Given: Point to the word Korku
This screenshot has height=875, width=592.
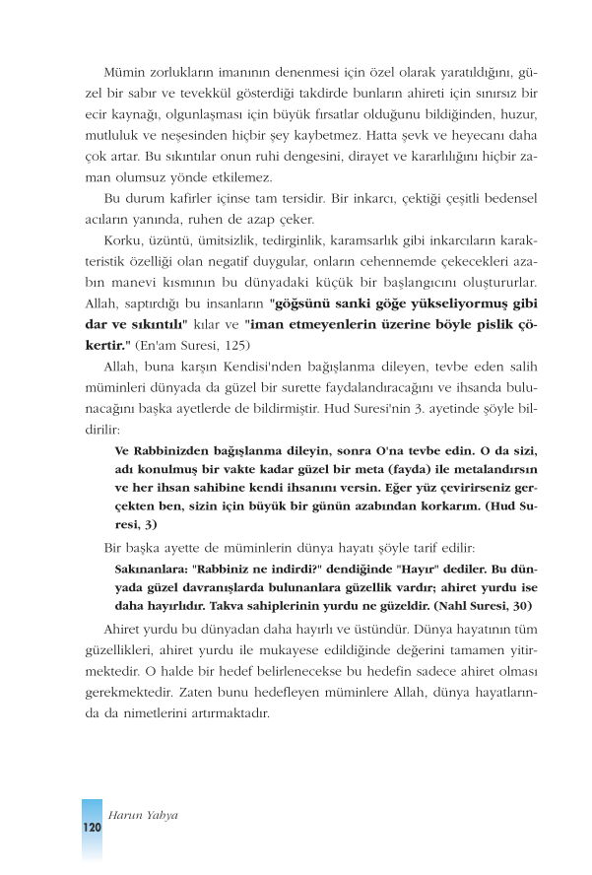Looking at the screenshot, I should [122, 239].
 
